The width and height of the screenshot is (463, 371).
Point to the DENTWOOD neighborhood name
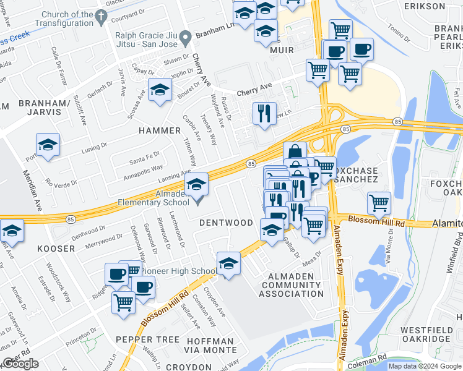tap(225, 222)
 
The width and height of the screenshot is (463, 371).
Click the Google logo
tap(20, 364)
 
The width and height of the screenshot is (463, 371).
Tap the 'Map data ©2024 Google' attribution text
tap(424, 366)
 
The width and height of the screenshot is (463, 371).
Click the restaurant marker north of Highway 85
tap(264, 113)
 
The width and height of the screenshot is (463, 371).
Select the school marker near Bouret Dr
tap(160, 90)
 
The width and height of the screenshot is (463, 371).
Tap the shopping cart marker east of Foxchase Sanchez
tap(379, 202)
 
